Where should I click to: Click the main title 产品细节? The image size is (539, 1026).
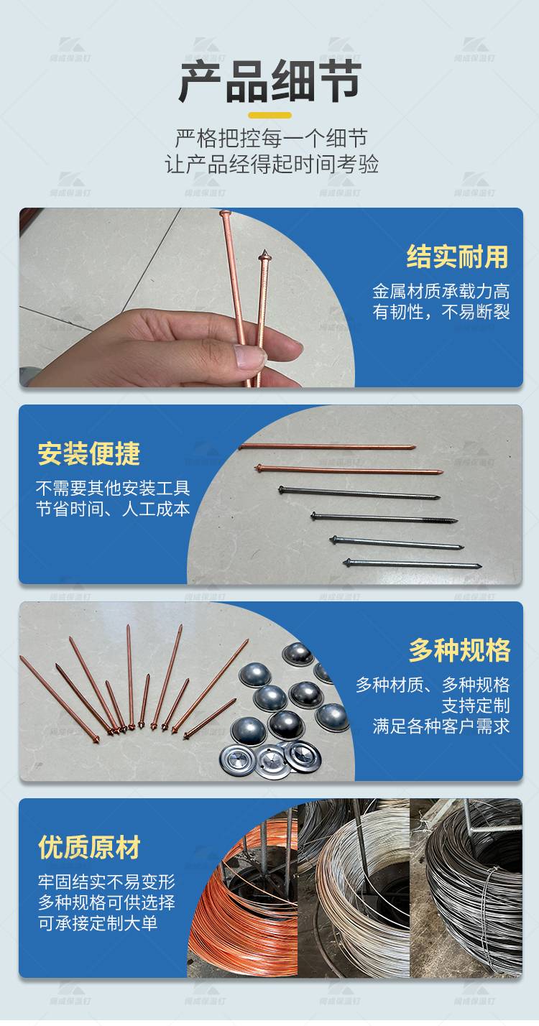(269, 82)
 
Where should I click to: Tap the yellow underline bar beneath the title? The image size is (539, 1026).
(269, 115)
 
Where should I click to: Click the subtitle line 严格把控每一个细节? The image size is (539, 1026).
(270, 138)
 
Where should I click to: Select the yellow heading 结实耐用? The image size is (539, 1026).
(457, 256)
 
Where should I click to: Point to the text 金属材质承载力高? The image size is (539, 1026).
(441, 291)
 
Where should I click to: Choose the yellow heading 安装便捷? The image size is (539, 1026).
(88, 453)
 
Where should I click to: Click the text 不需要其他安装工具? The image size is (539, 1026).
(113, 489)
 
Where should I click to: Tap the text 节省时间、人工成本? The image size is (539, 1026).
(113, 509)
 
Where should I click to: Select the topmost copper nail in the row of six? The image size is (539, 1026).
(327, 447)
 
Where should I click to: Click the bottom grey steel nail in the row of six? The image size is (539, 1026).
(411, 564)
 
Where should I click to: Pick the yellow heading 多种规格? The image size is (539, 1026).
(459, 650)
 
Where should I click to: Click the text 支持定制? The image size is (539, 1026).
(475, 705)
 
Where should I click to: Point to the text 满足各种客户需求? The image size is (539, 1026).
(441, 726)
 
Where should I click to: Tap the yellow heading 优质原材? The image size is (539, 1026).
(88, 847)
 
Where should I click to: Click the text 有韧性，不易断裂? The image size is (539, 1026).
(441, 313)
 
